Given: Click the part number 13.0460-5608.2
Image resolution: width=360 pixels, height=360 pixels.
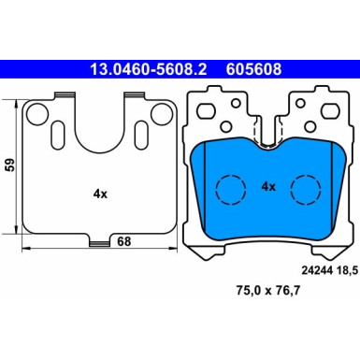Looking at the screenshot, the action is point(148,69).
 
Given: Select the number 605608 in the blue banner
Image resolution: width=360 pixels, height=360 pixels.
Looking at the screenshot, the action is point(253,69).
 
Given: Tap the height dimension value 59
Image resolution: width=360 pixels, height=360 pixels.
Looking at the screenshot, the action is point(9,165).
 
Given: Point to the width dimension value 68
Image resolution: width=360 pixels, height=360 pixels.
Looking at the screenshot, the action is point(123,241).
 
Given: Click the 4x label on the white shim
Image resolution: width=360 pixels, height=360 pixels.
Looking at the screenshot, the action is point(100,194).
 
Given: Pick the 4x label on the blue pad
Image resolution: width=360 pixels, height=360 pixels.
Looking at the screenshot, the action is point(268,187).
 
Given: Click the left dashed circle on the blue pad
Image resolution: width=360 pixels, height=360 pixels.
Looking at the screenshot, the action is point(231,190).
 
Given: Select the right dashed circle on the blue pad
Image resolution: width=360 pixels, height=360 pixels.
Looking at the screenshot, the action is point(306,190).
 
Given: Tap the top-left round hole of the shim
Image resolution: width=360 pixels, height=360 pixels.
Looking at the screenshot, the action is point(37,114).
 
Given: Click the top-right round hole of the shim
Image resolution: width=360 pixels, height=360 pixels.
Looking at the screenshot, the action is point(162,114).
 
